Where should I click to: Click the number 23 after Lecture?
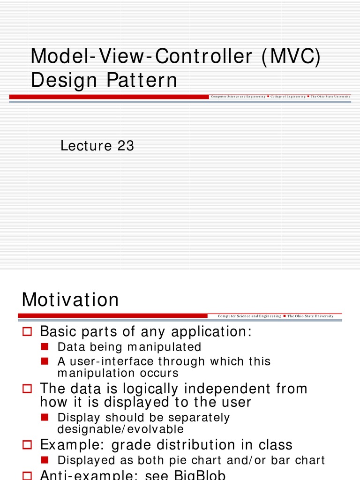tap(126, 146)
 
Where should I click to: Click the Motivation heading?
tap(70, 300)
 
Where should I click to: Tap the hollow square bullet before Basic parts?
tap(27, 332)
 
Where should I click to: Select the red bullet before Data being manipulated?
tap(45, 347)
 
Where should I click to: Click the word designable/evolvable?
tap(120, 429)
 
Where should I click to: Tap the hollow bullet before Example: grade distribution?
tap(27, 445)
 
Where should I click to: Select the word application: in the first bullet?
tap(211, 332)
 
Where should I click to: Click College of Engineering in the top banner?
tap(288, 96)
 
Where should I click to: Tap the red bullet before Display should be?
tap(45, 417)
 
